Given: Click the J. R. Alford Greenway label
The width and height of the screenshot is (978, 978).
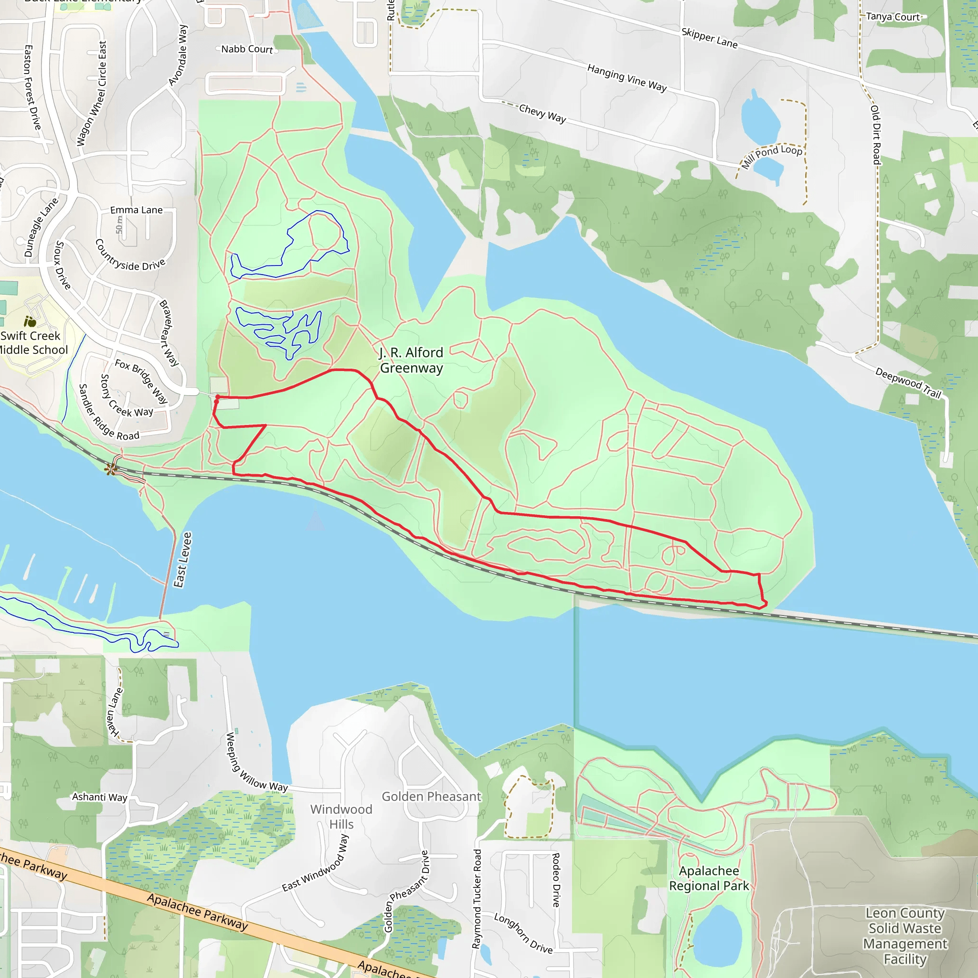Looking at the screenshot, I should tap(411, 360).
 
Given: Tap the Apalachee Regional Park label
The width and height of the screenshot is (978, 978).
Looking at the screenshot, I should tap(709, 878).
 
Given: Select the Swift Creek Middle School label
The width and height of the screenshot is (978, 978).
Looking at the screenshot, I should tap(33, 343).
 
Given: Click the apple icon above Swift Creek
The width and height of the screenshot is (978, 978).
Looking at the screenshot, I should tap(30, 321).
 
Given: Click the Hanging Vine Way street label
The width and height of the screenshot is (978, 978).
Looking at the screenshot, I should tap(627, 77).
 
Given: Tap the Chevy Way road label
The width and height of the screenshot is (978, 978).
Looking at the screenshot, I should tap(542, 113).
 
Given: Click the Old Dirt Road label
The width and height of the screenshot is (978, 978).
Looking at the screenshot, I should tap(876, 135).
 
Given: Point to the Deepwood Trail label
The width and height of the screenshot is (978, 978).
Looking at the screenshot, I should tap(908, 383).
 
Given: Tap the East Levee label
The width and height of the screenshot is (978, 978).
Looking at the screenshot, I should tap(183, 559).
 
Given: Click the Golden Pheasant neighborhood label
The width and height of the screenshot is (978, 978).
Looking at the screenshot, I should tap(431, 796).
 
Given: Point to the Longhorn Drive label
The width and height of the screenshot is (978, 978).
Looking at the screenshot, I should tap(523, 933).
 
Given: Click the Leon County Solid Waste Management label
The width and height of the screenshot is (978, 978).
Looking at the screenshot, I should tap(905, 936).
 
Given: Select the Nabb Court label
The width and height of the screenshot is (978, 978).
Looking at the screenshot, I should tap(247, 49).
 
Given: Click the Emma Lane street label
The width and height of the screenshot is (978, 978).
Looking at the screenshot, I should tap(137, 210).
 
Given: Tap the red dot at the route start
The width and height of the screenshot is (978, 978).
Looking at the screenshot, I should tap(218, 397).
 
